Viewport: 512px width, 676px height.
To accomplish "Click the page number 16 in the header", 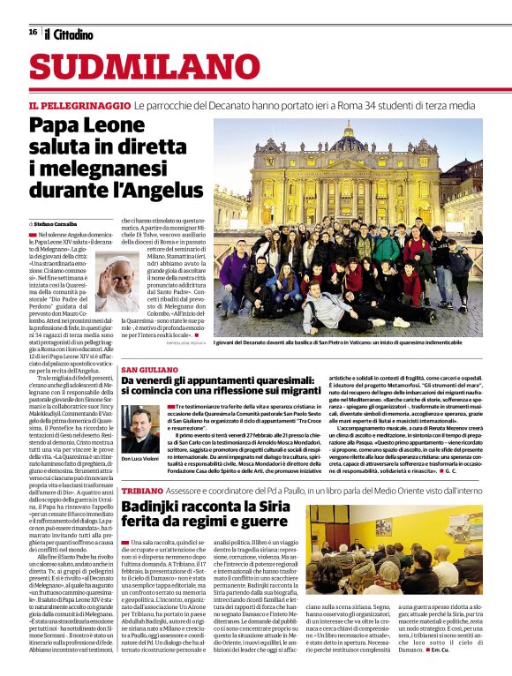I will pyautogui.click(x=33, y=32).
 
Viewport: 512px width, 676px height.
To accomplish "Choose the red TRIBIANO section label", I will pyautogui.click(x=142, y=490).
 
